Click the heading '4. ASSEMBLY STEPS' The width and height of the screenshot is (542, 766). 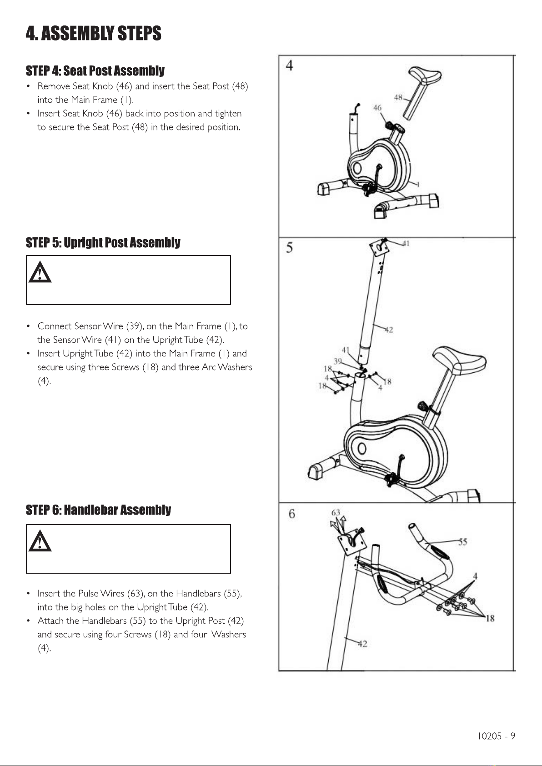point(94,34)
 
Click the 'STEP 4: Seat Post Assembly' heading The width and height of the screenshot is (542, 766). point(95,71)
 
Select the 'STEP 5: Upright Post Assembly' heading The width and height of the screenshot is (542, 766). point(103,243)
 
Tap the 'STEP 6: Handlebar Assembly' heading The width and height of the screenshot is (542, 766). point(98,510)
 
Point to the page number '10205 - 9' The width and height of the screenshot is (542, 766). point(496,736)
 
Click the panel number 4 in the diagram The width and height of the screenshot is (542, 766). point(289,65)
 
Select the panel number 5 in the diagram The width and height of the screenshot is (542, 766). point(289,248)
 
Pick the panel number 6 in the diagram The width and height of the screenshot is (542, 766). point(291,514)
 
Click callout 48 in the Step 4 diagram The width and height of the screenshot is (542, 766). point(398,97)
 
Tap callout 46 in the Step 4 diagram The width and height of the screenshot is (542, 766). point(377,108)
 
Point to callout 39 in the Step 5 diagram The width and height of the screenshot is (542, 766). point(338,361)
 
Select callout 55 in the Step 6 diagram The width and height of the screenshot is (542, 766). point(462,542)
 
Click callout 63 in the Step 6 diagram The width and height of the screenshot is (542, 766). point(336,513)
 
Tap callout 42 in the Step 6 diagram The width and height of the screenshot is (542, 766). point(362,643)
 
